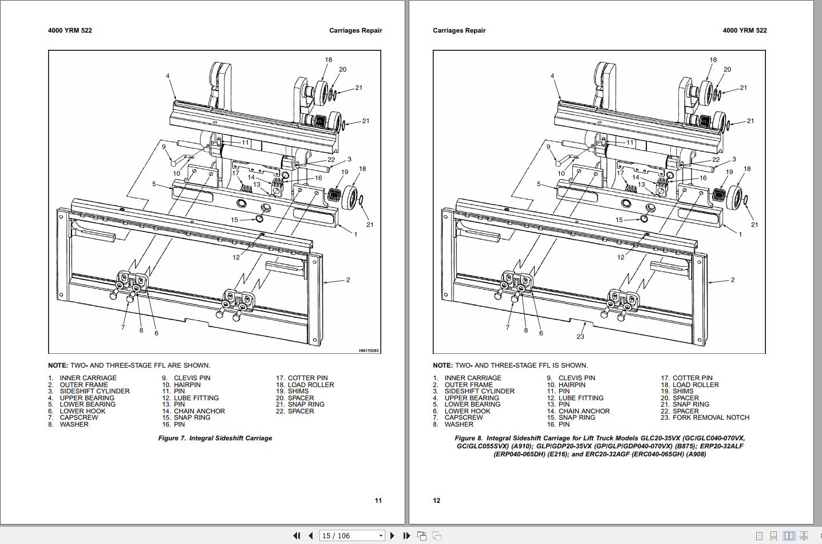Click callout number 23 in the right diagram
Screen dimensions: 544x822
click(580, 337)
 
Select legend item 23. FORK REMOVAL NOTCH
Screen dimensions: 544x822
click(705, 417)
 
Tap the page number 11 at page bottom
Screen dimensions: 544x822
click(378, 500)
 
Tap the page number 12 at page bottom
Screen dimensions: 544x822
click(437, 500)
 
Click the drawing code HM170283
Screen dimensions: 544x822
click(369, 350)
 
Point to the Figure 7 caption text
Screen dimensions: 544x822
click(215, 438)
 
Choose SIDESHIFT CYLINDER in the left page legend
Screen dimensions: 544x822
click(94, 391)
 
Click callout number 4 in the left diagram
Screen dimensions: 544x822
click(168, 76)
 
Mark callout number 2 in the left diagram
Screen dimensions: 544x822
click(347, 280)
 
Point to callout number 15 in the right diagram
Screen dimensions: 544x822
click(619, 220)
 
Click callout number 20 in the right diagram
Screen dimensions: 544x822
click(727, 69)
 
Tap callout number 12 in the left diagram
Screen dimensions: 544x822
click(236, 258)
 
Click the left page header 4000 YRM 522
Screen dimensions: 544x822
click(70, 30)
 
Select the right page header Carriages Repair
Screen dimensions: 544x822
click(459, 30)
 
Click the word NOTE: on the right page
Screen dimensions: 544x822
click(442, 365)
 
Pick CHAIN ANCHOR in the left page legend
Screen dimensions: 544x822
click(199, 411)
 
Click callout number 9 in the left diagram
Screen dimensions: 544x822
click(164, 147)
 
